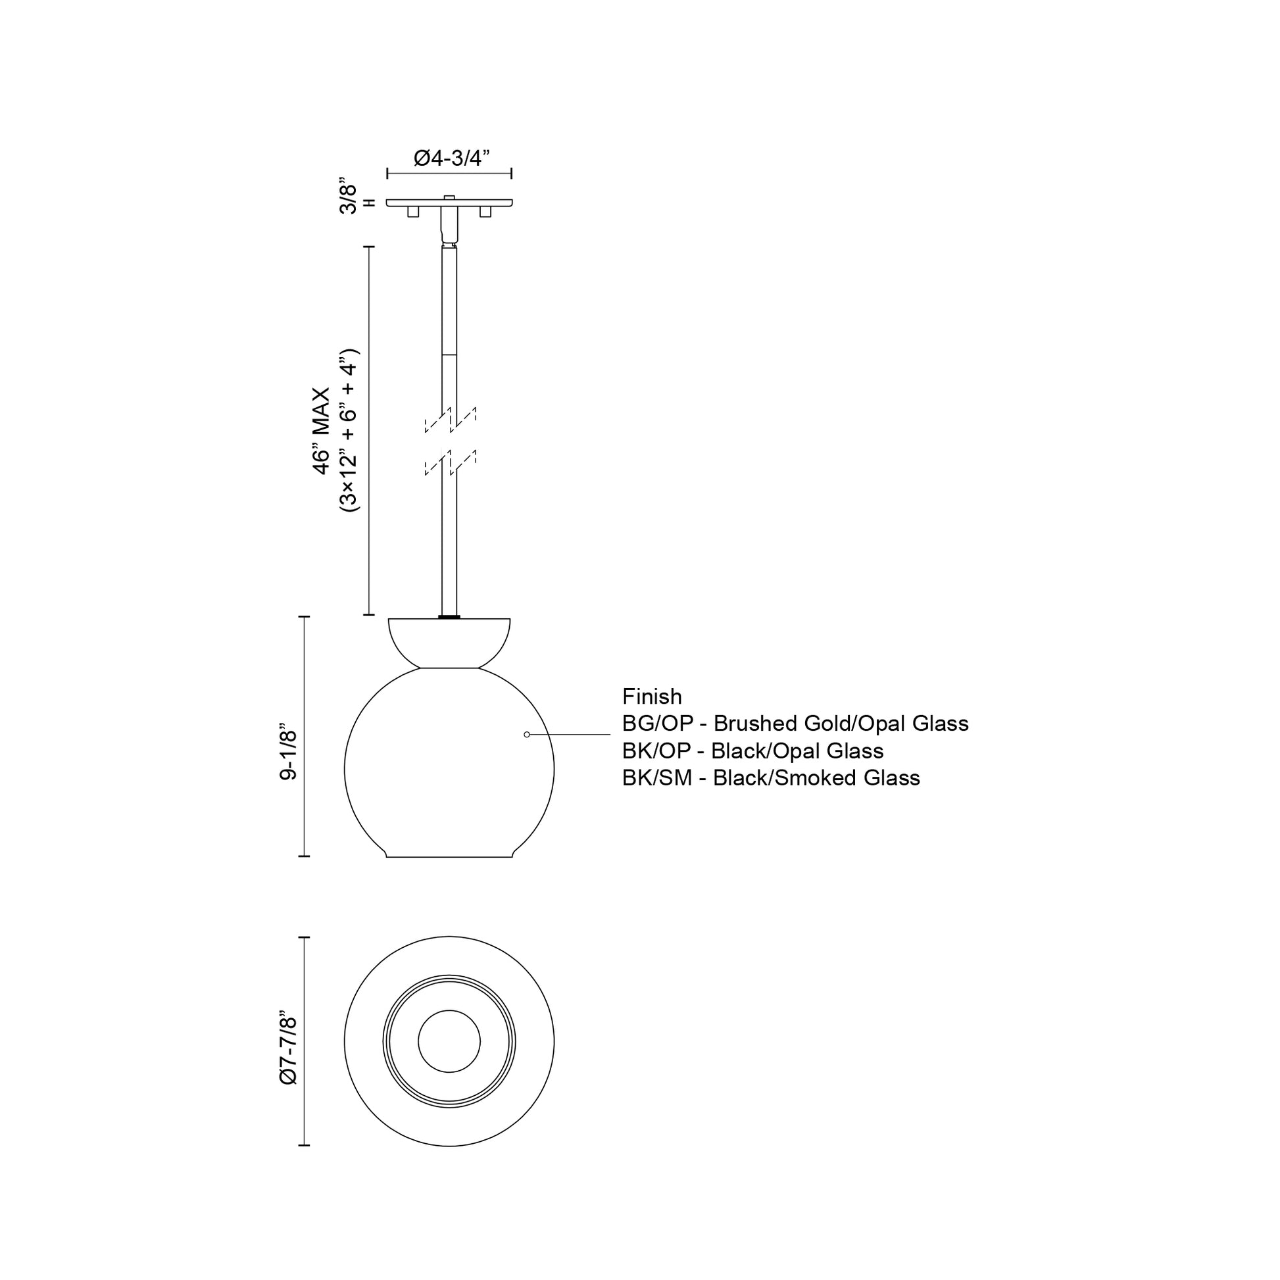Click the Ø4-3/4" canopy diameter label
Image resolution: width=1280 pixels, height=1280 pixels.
[451, 158]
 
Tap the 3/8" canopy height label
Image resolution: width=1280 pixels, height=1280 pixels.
[348, 195]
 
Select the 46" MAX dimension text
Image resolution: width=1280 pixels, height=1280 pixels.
[322, 431]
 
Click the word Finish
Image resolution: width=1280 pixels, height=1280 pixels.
[651, 697]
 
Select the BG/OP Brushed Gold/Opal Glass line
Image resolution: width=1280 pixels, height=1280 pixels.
[795, 724]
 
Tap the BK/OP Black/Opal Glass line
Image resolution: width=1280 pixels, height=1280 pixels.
[752, 751]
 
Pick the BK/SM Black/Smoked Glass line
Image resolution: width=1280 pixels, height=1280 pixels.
[770, 778]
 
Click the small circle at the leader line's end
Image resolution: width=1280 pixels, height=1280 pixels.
[527, 734]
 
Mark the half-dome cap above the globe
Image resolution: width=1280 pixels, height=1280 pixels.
[449, 640]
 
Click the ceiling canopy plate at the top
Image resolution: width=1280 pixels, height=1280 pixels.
[449, 203]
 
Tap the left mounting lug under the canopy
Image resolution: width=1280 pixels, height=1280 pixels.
[413, 212]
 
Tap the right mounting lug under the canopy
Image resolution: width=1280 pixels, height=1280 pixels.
[485, 212]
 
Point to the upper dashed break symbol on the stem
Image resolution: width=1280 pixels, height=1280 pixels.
[450, 420]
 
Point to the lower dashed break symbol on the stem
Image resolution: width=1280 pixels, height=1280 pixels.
[450, 462]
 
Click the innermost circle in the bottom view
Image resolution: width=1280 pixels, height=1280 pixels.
[449, 1041]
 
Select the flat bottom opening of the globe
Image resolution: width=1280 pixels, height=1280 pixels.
[449, 856]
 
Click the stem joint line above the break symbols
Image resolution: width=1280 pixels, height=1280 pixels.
[449, 355]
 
